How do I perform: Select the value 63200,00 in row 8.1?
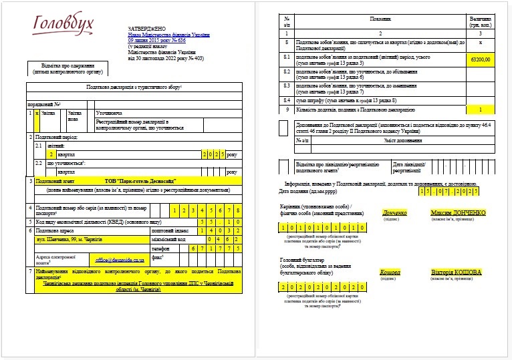coord(480,59)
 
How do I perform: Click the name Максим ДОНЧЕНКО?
coord(458,213)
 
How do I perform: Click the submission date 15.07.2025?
coord(450,192)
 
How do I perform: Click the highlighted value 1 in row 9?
coord(480,110)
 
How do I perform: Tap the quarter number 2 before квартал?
coord(42,154)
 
